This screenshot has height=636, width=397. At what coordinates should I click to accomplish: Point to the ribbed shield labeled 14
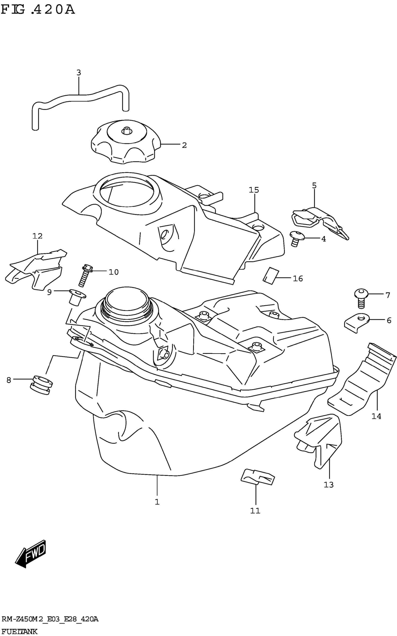(x=362, y=380)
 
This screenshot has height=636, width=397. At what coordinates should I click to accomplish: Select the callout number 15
(x=254, y=190)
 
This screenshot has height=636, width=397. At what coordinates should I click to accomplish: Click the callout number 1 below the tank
(x=157, y=502)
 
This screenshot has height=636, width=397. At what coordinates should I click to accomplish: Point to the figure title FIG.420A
(x=38, y=10)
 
